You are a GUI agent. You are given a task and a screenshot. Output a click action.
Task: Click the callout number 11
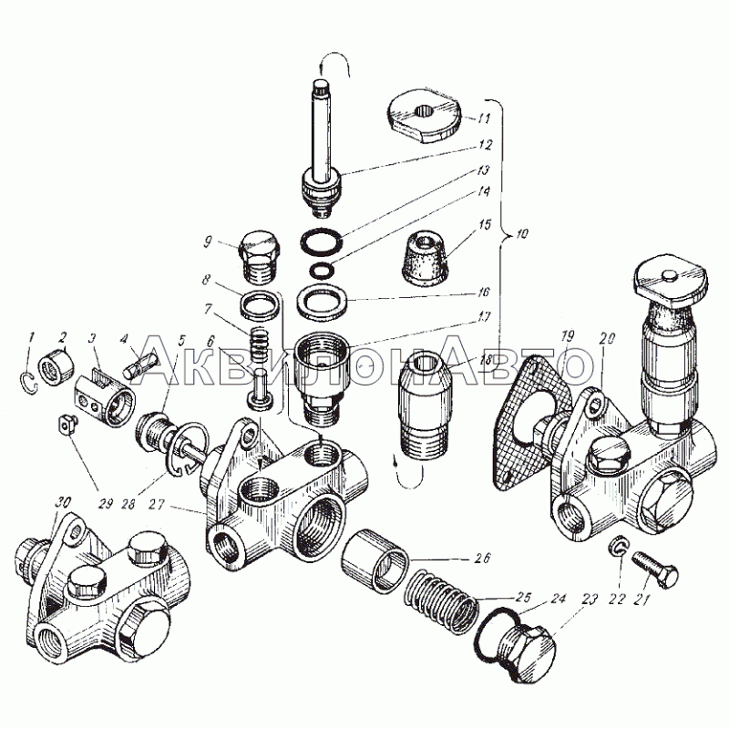coord(484,118)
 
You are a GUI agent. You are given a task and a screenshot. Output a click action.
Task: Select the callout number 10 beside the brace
coord(521,233)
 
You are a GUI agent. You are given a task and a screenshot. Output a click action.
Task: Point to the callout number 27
coord(157,504)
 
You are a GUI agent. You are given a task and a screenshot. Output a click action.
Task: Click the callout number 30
coord(64,502)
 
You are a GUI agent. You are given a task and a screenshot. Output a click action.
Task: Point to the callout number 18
coord(487,361)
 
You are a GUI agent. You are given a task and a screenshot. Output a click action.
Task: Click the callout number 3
coord(92,338)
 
